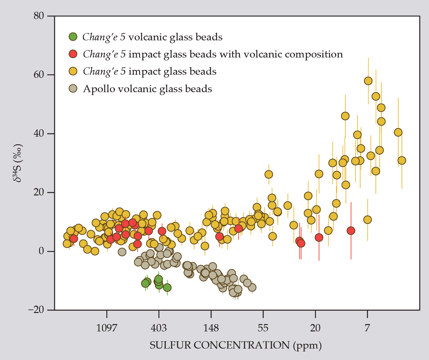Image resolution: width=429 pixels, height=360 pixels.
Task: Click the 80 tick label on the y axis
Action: pos(40,16)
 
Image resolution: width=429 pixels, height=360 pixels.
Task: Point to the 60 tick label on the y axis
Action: pos(40,75)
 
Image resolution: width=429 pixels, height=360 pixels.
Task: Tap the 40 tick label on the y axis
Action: pos(40,133)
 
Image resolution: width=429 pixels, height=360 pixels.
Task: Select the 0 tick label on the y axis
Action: pos(42,251)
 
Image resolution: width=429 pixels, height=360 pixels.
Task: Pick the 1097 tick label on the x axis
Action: pos(107,328)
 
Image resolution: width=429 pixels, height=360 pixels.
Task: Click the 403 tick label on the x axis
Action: pos(159,328)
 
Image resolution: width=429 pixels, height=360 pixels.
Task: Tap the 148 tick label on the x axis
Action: pos(211,328)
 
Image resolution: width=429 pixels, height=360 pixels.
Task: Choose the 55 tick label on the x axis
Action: pos(263,328)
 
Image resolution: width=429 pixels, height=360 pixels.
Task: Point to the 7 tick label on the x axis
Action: pos(367,328)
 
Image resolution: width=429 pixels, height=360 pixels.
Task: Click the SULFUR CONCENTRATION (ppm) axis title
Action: pos(236,345)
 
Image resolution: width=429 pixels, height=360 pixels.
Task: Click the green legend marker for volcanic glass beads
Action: pos(73,37)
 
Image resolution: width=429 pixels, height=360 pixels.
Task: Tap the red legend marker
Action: pos(73,54)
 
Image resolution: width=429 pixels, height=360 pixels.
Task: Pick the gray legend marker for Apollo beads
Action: pos(73,88)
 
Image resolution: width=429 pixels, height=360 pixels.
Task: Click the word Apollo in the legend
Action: pos(98,89)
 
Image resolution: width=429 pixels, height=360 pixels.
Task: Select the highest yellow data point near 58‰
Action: pos(368,81)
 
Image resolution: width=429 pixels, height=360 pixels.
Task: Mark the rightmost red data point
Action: pos(351,231)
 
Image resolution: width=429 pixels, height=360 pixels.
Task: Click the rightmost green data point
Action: pos(167,288)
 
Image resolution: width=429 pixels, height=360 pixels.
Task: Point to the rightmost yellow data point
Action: pos(402,160)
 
